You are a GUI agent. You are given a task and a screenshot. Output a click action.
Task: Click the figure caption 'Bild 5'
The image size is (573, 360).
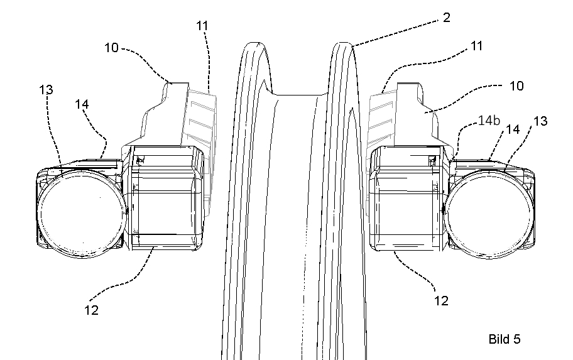505,339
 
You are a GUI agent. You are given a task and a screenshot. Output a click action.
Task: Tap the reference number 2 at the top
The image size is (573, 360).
446,18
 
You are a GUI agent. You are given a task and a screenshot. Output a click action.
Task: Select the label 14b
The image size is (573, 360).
489,121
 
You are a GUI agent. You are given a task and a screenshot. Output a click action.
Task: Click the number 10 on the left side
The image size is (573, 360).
111,48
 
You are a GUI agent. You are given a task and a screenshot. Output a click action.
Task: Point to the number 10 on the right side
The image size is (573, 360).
516,86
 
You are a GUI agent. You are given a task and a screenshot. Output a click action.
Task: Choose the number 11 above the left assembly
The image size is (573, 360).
202,26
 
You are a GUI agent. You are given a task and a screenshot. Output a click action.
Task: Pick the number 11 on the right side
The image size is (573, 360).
476,46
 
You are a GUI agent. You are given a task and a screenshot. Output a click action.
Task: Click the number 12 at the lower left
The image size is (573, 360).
91,310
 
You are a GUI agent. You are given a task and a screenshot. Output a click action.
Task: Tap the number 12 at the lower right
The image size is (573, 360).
441,301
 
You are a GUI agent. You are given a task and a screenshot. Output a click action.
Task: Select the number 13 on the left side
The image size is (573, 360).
46,90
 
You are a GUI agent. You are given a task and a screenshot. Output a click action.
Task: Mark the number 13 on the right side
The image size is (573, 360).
540,121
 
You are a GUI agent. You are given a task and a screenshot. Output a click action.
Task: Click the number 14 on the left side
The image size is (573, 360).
82,104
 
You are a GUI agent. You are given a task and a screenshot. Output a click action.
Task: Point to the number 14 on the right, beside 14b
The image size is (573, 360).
512,129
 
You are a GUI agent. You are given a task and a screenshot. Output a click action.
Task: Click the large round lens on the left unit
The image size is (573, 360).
83,214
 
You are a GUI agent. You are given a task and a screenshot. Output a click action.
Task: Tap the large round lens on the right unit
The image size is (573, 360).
489,214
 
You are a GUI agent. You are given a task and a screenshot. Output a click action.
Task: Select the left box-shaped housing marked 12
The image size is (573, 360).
165,198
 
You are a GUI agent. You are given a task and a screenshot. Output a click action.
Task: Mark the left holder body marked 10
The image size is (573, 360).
161,117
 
